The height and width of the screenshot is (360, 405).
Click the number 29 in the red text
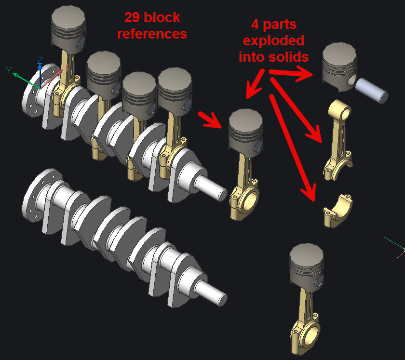[132, 17]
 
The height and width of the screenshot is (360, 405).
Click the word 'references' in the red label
[152, 34]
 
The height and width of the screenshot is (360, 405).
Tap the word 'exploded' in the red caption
[274, 41]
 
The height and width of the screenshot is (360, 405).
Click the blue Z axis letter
[40, 60]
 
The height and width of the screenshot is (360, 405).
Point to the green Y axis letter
[9, 70]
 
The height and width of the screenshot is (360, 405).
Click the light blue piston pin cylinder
[371, 91]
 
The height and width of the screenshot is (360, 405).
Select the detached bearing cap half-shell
[337, 211]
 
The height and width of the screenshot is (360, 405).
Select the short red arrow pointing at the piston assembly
[210, 120]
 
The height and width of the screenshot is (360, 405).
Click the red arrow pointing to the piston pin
[291, 73]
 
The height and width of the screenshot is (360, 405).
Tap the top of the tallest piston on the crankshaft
[68, 15]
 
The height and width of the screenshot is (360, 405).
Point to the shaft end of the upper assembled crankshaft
[211, 188]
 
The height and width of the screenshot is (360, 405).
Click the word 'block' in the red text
[162, 17]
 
